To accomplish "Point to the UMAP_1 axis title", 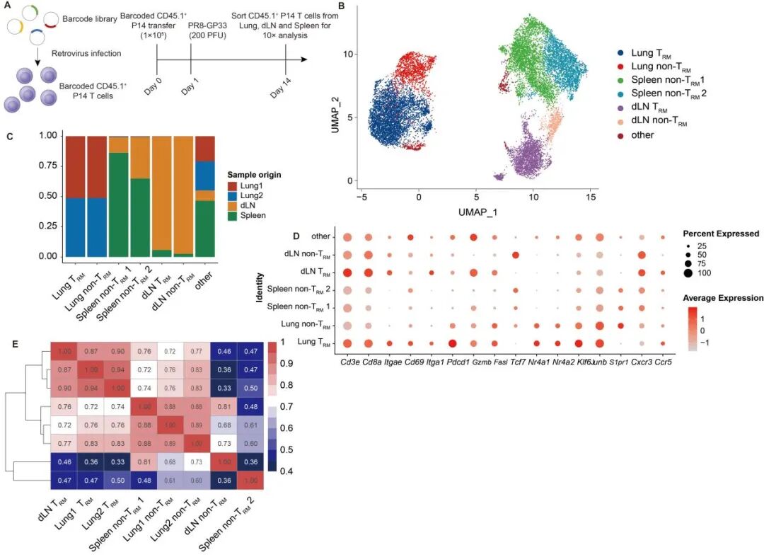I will pos(477,212).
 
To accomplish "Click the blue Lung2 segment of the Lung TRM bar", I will pos(76,226).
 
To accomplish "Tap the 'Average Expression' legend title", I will pos(722,298).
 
